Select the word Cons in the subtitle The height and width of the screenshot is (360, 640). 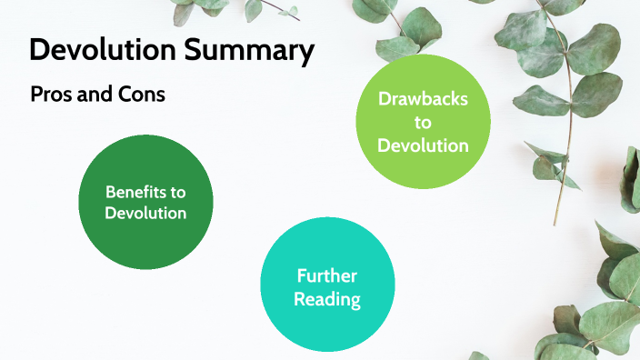click(142, 94)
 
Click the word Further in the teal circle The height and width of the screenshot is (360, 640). click(327, 276)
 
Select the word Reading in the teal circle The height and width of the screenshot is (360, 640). click(327, 298)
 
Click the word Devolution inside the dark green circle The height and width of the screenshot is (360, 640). click(145, 214)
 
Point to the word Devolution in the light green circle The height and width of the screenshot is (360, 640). click(424, 145)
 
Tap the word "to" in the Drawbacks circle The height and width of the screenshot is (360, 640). click(424, 123)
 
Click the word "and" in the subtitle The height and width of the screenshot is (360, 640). click(97, 94)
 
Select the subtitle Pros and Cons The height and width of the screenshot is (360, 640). click(97, 94)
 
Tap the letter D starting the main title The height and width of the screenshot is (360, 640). click(39, 50)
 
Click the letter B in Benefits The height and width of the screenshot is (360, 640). click(110, 193)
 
